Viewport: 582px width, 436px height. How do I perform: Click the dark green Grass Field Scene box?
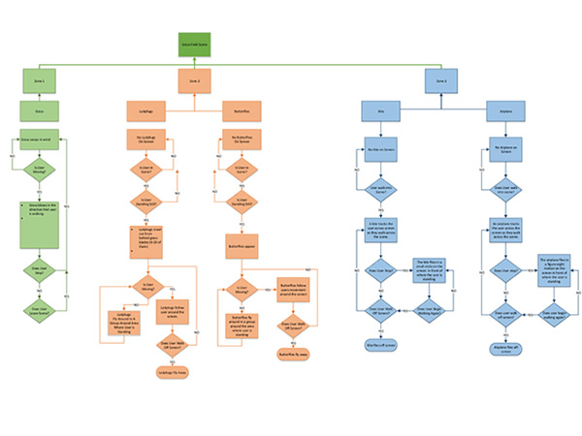(194, 44)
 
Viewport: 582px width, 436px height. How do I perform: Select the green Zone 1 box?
(40, 81)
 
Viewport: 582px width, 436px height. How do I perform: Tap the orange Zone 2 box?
(194, 81)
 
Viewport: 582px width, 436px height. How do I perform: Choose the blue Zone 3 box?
(441, 81)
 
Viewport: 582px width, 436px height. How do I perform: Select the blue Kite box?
(381, 114)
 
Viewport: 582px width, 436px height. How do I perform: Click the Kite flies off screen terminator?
(381, 345)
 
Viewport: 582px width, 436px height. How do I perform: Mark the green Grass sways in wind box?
(40, 140)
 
